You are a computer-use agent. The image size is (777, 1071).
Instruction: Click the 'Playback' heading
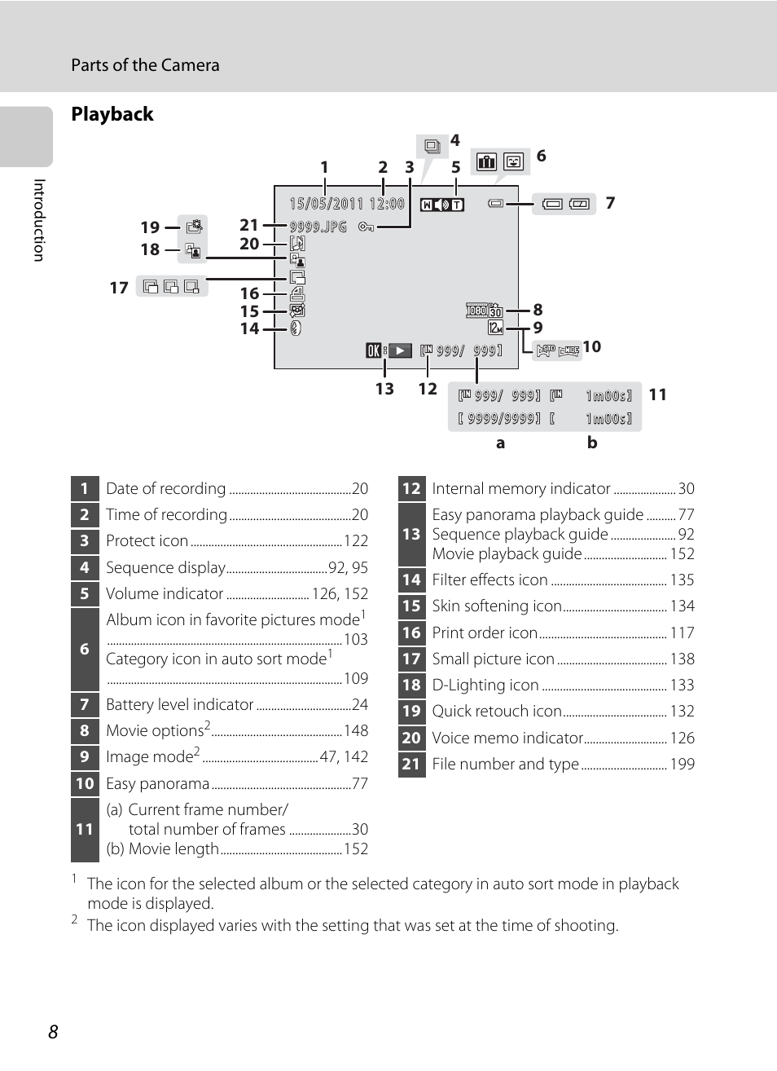point(112,114)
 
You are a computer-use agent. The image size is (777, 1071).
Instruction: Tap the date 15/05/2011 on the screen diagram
point(326,204)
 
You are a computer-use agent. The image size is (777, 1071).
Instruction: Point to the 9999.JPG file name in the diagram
point(318,227)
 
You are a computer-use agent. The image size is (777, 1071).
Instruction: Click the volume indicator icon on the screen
point(442,205)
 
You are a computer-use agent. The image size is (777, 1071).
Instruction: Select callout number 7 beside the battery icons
point(610,203)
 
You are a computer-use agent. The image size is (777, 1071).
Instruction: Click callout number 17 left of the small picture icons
point(119,288)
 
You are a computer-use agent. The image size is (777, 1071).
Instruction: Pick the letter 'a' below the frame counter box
point(500,443)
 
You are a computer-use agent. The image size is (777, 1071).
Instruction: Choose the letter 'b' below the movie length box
point(592,443)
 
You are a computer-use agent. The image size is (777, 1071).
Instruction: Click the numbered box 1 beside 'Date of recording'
point(85,488)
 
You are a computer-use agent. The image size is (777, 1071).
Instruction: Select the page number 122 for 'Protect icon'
point(356,541)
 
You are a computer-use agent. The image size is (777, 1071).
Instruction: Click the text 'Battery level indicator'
point(180,705)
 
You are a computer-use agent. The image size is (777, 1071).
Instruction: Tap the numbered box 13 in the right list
point(411,535)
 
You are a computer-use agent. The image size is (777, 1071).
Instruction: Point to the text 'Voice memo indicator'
point(507,738)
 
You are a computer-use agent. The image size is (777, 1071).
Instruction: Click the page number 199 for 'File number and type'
point(682,765)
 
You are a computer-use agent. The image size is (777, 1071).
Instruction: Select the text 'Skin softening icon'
point(497,606)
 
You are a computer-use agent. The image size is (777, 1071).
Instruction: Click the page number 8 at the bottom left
point(53,1032)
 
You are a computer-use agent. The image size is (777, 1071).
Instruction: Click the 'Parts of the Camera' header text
point(145,65)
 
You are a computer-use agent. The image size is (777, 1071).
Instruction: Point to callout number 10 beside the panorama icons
point(592,346)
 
